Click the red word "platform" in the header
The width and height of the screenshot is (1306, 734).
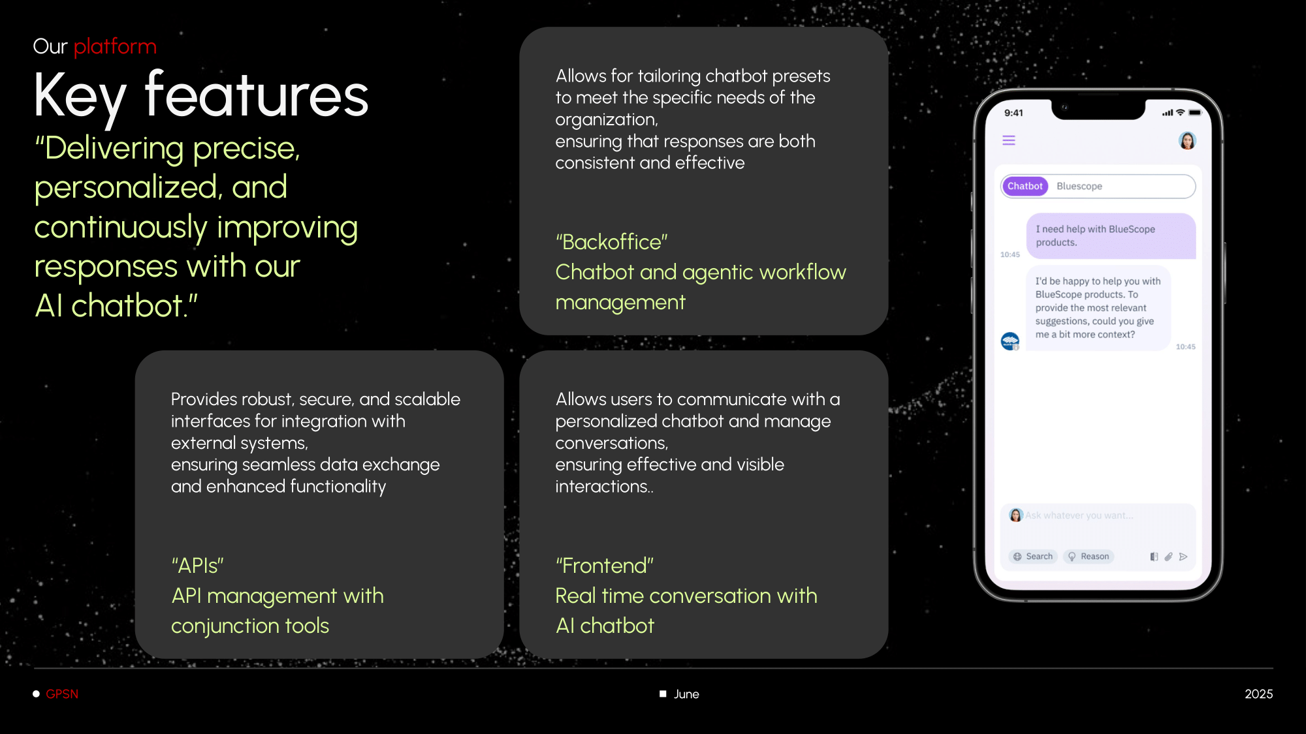[115, 47]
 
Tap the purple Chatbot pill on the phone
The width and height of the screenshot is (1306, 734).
[1025, 186]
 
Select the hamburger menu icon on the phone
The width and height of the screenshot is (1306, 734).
[1009, 140]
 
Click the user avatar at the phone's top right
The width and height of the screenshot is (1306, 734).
[1187, 140]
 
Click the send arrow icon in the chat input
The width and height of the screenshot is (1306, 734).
[1183, 557]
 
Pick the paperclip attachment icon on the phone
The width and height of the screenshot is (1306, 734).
[1168, 557]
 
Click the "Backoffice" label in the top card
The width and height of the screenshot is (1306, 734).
[612, 242]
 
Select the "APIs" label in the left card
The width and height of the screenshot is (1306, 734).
[197, 566]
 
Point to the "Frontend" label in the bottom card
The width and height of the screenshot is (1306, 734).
[605, 566]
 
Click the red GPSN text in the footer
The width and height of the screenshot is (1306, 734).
[62, 694]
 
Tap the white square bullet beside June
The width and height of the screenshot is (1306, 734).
[663, 694]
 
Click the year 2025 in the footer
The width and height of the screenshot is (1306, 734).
[1259, 694]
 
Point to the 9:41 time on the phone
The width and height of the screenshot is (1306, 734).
[1013, 113]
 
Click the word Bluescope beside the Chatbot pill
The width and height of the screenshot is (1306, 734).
[1079, 186]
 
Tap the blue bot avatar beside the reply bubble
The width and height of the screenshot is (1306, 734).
[1010, 341]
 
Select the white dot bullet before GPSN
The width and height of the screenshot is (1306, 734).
[37, 694]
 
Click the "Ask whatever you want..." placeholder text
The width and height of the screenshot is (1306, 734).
[1079, 515]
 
